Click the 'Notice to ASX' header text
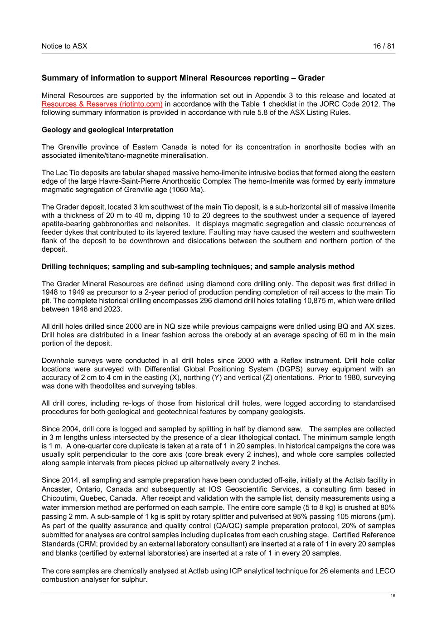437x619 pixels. tap(64, 46)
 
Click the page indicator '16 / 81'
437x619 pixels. tap(384, 46)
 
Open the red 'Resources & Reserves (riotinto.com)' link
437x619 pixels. tap(102, 104)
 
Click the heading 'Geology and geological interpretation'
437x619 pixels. tap(107, 130)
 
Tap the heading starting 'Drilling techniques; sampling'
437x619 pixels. tap(198, 267)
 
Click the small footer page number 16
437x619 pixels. tap(393, 596)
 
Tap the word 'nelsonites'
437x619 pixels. tap(173, 224)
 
